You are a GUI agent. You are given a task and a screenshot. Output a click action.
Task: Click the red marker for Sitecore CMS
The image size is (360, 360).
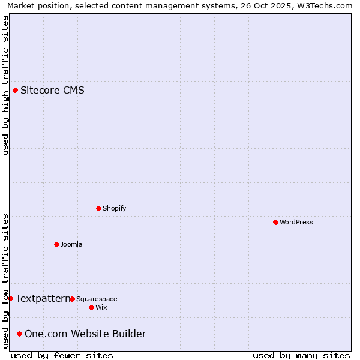(15, 91)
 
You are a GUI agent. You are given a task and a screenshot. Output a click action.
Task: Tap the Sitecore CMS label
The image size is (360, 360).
(52, 91)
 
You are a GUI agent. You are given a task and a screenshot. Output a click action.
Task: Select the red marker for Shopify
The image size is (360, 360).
(98, 208)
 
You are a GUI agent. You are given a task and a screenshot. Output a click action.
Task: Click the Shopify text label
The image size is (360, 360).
(114, 209)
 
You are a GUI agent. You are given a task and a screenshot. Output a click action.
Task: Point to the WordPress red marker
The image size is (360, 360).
(275, 222)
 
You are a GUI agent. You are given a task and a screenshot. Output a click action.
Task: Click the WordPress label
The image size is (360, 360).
(296, 223)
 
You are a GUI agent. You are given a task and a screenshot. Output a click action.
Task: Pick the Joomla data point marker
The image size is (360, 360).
(56, 244)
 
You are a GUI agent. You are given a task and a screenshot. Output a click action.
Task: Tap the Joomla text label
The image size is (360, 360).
(71, 245)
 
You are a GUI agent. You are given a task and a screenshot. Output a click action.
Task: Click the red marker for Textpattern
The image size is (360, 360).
(10, 298)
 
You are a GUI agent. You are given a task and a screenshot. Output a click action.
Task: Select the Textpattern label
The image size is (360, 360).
(43, 298)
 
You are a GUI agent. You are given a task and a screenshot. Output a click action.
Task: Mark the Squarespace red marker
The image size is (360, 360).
(72, 299)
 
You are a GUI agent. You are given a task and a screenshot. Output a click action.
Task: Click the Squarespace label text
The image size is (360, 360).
(97, 299)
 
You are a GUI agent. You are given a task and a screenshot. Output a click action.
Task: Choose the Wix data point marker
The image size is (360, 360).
(91, 307)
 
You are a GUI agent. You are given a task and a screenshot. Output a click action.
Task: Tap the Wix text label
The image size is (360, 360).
(101, 308)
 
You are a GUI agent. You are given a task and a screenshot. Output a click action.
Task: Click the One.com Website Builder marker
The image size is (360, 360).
(20, 334)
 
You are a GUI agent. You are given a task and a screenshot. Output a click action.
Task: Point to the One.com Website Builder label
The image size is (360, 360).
(85, 334)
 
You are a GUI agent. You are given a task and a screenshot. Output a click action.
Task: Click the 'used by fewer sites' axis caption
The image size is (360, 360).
(62, 355)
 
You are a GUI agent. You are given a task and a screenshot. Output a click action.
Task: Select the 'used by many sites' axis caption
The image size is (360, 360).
(301, 355)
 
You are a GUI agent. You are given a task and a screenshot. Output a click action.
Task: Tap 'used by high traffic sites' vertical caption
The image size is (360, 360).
(5, 85)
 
